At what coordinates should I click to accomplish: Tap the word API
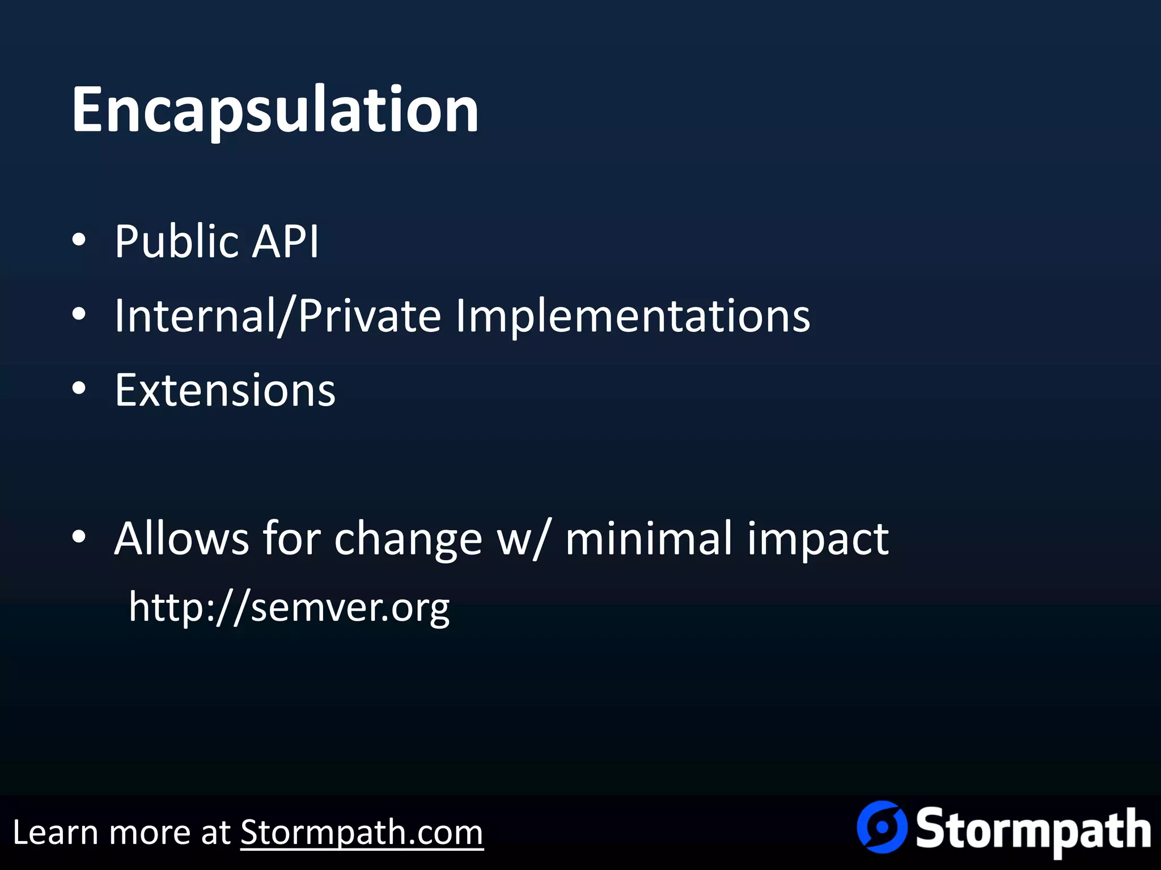pyautogui.click(x=285, y=242)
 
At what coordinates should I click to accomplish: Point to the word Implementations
pyautogui.click(x=633, y=316)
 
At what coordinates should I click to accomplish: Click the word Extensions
pyautogui.click(x=225, y=390)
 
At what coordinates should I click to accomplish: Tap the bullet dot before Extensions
pyautogui.click(x=79, y=389)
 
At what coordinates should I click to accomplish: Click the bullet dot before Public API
pyautogui.click(x=79, y=240)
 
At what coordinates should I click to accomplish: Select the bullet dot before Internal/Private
pyautogui.click(x=79, y=314)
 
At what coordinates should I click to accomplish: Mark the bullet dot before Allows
pyautogui.click(x=79, y=536)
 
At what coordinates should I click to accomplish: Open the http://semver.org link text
pyautogui.click(x=289, y=608)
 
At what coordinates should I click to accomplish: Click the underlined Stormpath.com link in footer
pyautogui.click(x=362, y=833)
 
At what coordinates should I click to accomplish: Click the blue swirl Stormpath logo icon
pyautogui.click(x=882, y=827)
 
